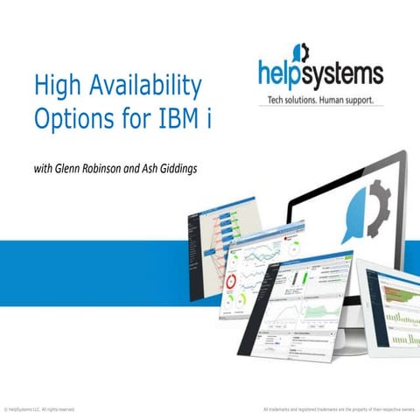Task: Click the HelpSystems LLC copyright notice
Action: tap(39, 409)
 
